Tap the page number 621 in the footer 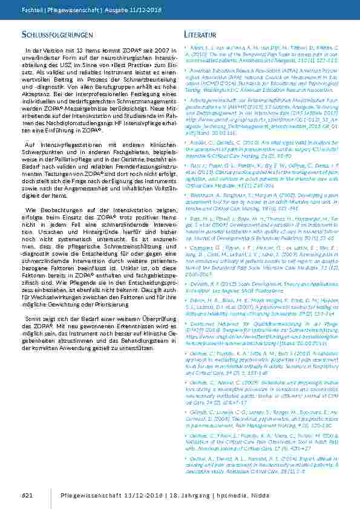click(x=26, y=496)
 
